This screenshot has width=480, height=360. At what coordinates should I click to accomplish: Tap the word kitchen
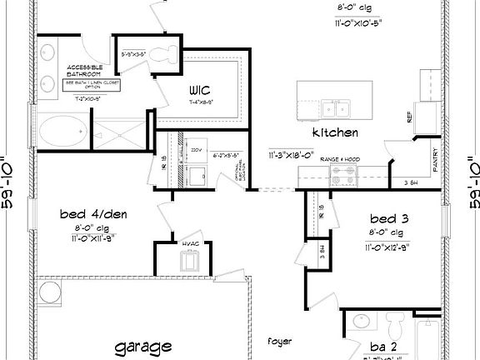click(x=335, y=132)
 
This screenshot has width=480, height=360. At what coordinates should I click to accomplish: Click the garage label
click(x=143, y=345)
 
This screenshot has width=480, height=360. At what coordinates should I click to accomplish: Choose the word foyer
click(x=278, y=341)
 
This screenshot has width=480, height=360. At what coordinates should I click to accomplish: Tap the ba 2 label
click(x=383, y=346)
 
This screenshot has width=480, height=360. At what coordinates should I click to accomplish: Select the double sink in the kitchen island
click(x=337, y=107)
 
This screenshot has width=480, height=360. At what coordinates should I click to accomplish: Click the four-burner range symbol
click(x=343, y=175)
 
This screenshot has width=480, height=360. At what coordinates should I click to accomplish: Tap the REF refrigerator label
click(x=409, y=117)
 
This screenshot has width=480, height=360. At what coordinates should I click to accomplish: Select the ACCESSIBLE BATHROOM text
click(x=85, y=71)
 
